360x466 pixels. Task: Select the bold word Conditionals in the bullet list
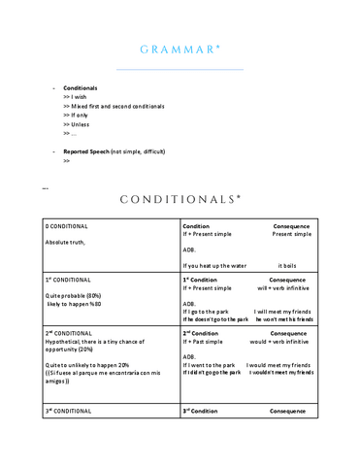coord(80,88)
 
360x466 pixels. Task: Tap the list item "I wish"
coord(75,98)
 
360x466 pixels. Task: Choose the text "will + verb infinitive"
coord(283,288)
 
